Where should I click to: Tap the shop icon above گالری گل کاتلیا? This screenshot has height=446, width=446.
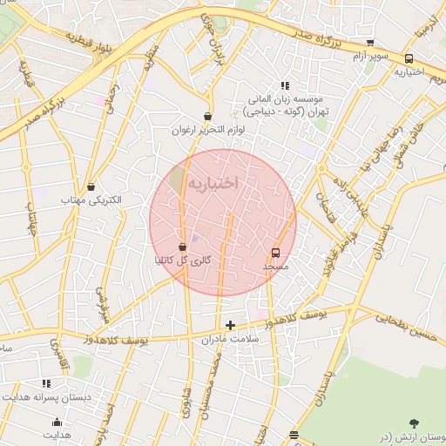coord(182,247)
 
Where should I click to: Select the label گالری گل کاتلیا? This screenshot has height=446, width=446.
coord(183,260)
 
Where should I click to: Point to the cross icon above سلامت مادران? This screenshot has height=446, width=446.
coord(230,325)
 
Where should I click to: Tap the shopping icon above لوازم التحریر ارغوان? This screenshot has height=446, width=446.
coord(207,117)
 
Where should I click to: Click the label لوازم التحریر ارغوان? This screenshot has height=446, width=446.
coord(207,130)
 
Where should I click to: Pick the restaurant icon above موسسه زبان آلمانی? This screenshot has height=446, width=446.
coord(284,85)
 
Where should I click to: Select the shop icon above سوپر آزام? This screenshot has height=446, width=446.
coord(370,43)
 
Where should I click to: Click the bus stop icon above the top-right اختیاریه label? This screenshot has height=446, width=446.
coord(409,58)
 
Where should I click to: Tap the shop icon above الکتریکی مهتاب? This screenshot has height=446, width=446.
coord(91,186)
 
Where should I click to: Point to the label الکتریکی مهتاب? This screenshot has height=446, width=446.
coord(91,199)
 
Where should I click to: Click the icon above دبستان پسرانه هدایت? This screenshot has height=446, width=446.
coord(46,382)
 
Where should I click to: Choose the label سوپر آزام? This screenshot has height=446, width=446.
coord(370,56)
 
